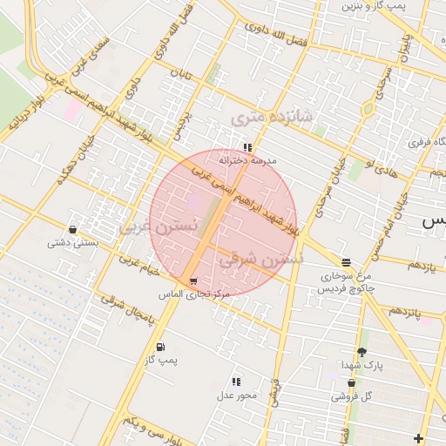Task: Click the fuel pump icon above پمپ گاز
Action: (x=159, y=347)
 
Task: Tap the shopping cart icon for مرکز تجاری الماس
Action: (x=193, y=281)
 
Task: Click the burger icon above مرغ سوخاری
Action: (x=347, y=261)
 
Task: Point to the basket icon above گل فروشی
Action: (x=351, y=382)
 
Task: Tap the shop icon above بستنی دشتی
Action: (x=71, y=230)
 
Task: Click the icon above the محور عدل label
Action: (x=235, y=382)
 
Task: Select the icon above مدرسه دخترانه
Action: (x=247, y=147)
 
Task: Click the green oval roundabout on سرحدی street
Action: (x=368, y=109)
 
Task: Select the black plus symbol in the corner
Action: (x=419, y=437)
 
